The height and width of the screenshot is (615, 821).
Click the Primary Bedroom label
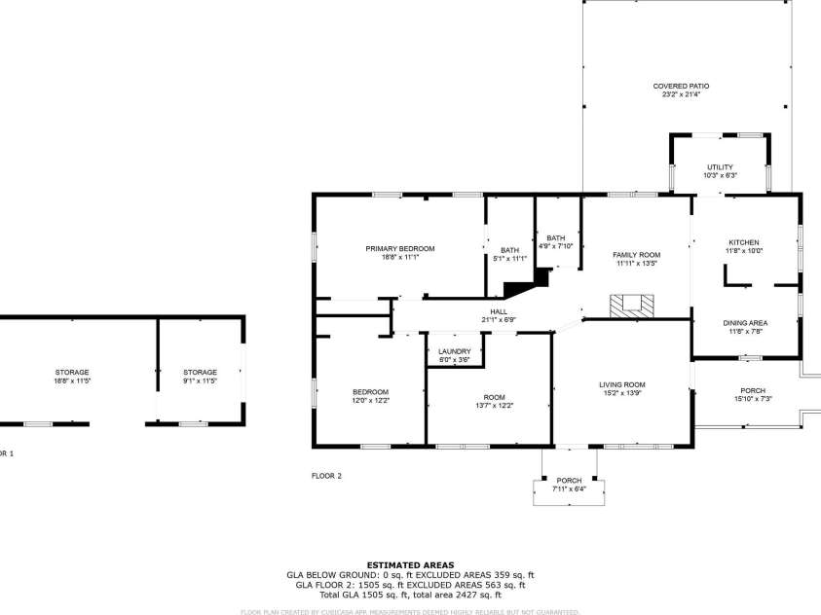click(x=400, y=249)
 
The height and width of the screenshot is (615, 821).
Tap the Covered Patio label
click(x=681, y=87)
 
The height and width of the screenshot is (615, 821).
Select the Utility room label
click(x=720, y=167)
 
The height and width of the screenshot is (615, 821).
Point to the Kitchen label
click(x=744, y=243)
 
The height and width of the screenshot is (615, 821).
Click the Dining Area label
click(x=745, y=323)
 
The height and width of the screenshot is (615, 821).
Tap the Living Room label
click(x=622, y=385)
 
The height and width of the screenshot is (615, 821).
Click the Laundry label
click(x=455, y=351)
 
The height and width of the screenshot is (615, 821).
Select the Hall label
click(x=499, y=311)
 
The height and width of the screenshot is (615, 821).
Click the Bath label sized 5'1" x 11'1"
click(x=510, y=250)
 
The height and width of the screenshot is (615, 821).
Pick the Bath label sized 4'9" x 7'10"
click(x=556, y=238)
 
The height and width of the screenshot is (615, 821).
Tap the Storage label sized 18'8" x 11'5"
click(x=72, y=373)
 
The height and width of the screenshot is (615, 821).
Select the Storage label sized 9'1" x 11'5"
click(x=201, y=373)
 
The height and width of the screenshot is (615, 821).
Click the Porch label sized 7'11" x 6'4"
click(x=569, y=482)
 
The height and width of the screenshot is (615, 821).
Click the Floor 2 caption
click(x=326, y=476)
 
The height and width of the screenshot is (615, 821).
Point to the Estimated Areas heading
click(x=410, y=564)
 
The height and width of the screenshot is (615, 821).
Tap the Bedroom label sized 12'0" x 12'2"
click(x=370, y=392)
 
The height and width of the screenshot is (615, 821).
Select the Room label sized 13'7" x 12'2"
click(x=495, y=397)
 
